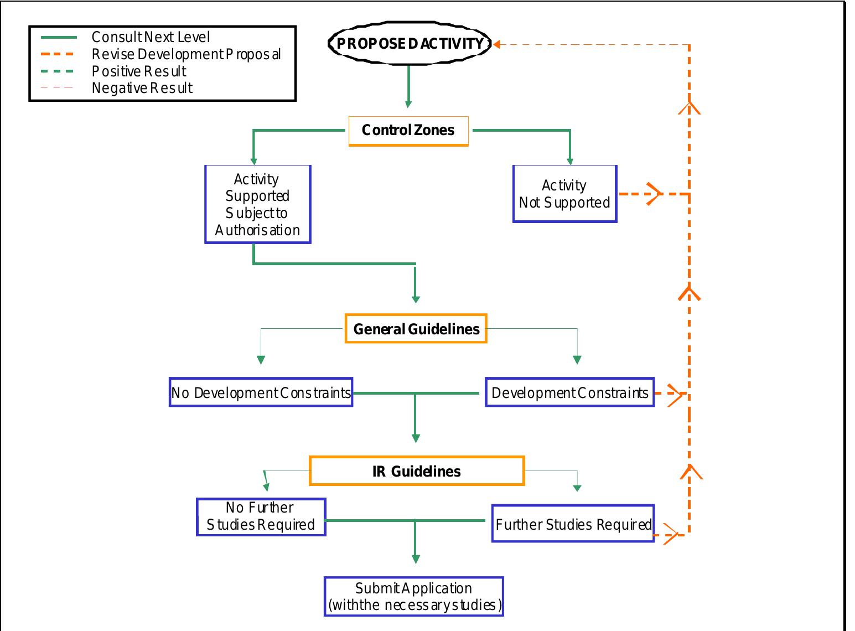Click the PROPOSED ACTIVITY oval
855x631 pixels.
(x=410, y=44)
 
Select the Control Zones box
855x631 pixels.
(x=408, y=131)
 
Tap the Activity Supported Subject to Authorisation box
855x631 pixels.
(x=257, y=204)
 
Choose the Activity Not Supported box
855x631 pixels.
(x=564, y=194)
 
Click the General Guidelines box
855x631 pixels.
(x=416, y=329)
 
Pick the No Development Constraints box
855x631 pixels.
(x=261, y=392)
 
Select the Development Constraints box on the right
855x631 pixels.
(x=569, y=392)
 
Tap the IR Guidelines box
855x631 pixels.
(x=416, y=471)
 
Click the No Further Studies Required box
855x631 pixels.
(x=261, y=516)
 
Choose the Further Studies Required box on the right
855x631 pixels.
(x=573, y=524)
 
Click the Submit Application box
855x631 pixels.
(x=414, y=596)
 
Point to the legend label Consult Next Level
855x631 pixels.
(x=151, y=37)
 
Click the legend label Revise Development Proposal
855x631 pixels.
(x=186, y=54)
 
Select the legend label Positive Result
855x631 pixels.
(x=139, y=71)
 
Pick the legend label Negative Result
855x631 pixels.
(x=142, y=88)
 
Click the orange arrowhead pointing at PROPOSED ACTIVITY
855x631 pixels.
(x=497, y=44)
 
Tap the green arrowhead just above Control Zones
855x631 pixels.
(x=408, y=104)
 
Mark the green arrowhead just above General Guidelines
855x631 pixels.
(x=416, y=299)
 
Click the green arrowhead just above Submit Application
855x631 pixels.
(x=416, y=559)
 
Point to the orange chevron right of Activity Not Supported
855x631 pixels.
(x=654, y=194)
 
